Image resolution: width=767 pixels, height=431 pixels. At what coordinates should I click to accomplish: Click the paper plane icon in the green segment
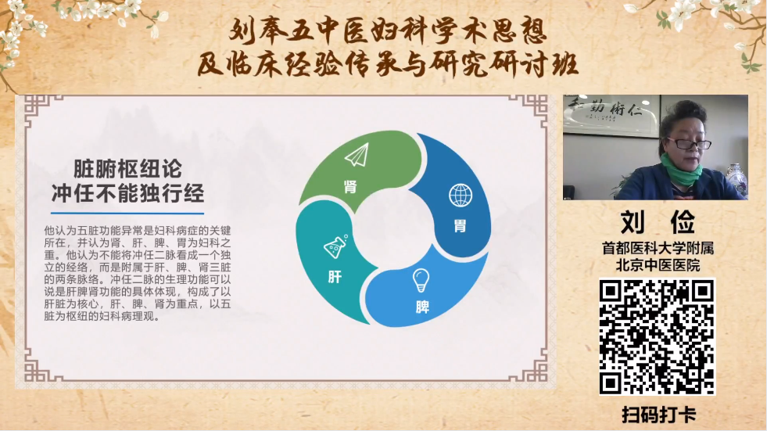(x=357, y=156)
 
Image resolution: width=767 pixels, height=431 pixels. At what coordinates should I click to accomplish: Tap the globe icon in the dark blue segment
(x=461, y=195)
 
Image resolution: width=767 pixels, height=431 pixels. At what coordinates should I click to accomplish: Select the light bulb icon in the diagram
(x=421, y=281)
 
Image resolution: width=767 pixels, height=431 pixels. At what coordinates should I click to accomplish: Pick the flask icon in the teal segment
(x=335, y=246)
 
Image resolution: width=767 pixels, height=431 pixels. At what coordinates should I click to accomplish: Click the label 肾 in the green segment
(x=350, y=186)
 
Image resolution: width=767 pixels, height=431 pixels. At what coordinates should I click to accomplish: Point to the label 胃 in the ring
(x=460, y=225)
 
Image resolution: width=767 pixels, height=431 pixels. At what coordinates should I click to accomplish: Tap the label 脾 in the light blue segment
(x=422, y=307)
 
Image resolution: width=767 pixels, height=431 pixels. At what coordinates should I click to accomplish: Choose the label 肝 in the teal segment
(x=335, y=278)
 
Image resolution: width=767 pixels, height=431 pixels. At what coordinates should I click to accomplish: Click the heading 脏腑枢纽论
(x=127, y=169)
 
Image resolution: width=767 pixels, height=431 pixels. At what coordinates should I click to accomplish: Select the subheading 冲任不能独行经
(x=127, y=193)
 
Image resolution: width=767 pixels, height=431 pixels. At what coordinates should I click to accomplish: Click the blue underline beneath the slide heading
(x=127, y=214)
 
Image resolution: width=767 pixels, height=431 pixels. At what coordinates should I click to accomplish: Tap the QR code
(x=658, y=336)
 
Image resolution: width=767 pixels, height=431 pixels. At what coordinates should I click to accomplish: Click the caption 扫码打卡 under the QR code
(x=659, y=415)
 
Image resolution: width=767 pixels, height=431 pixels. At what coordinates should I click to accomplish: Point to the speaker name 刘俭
(x=658, y=223)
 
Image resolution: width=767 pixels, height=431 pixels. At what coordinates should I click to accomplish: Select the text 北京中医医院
(x=658, y=265)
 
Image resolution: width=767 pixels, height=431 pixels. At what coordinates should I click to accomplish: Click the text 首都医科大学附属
(x=658, y=248)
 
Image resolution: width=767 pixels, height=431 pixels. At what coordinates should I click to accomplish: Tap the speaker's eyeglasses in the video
(x=689, y=143)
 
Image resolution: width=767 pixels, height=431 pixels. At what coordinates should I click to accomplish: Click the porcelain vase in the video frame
(x=737, y=181)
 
